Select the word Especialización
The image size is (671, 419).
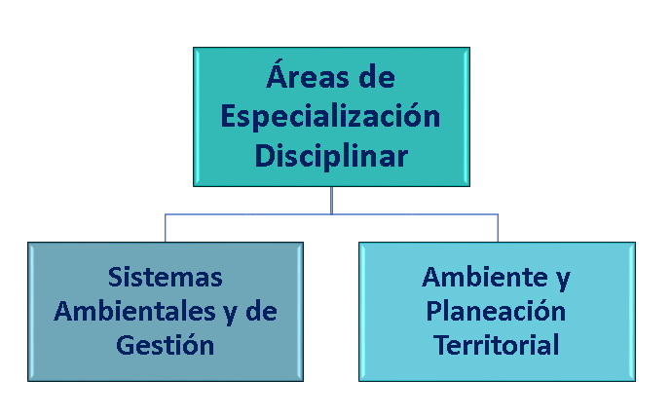(x=330, y=117)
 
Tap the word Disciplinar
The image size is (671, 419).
(x=331, y=156)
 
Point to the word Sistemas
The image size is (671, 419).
(x=166, y=277)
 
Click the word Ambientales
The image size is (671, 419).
(x=134, y=311)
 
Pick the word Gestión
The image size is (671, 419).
(x=166, y=344)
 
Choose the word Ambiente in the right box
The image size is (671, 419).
(x=484, y=277)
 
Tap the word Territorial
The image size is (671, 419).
(x=496, y=345)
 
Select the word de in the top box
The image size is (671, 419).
(x=377, y=77)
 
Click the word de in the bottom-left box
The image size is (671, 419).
(x=261, y=311)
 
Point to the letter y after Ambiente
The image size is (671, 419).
(x=563, y=281)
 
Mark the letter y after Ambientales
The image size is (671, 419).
(x=231, y=315)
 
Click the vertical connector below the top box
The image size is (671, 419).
(x=332, y=201)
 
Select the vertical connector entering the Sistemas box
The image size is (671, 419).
(x=166, y=228)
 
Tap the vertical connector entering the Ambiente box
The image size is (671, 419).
(x=498, y=228)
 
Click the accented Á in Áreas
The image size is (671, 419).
(x=280, y=74)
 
